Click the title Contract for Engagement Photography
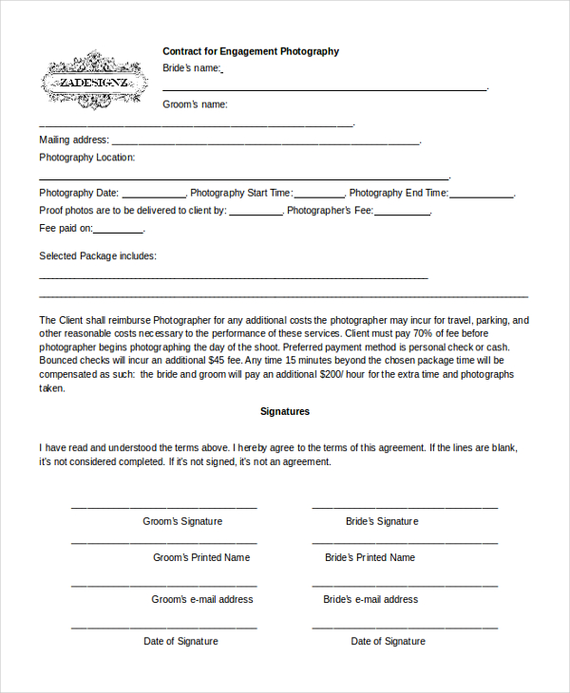tap(251, 51)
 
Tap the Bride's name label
tap(192, 68)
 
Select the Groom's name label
tap(195, 104)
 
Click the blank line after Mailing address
tap(265, 142)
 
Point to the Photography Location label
tap(87, 158)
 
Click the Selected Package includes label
tap(98, 256)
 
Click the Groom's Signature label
tap(182, 521)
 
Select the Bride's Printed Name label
tap(370, 557)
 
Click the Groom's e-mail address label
tap(202, 599)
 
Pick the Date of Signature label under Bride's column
tap(388, 641)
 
